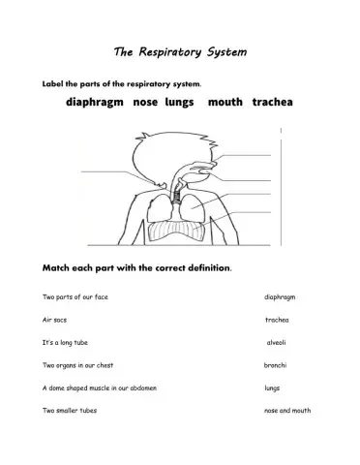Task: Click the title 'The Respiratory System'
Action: click(x=180, y=49)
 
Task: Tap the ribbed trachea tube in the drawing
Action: click(x=176, y=186)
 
